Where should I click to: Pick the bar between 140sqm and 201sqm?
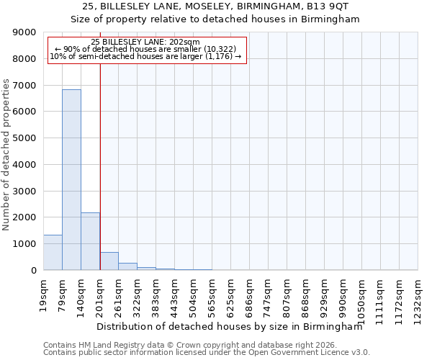(x=90, y=241)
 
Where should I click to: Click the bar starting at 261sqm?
(x=127, y=266)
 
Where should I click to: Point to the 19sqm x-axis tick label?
(x=43, y=292)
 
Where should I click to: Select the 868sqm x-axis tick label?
(x=305, y=294)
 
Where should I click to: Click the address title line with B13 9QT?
(x=215, y=6)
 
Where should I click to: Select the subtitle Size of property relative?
(x=215, y=19)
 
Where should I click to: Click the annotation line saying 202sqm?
(x=146, y=42)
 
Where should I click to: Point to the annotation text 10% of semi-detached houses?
(x=146, y=56)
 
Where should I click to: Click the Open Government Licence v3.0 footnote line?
(x=207, y=353)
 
